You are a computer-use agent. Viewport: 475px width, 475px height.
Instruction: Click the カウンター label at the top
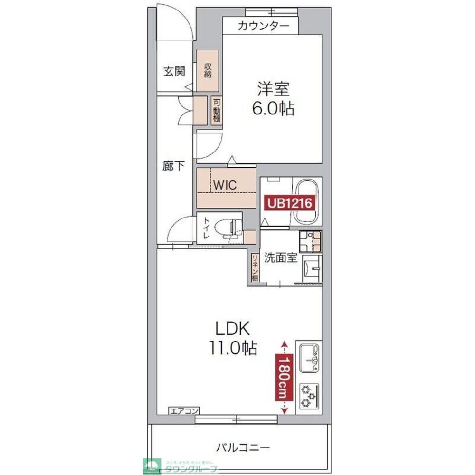pyautogui.click(x=263, y=26)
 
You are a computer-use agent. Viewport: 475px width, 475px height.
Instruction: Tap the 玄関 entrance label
pyautogui.click(x=174, y=71)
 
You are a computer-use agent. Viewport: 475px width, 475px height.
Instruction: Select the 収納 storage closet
pyautogui.click(x=208, y=71)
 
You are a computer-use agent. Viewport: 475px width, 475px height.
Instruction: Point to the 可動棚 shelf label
pyautogui.click(x=217, y=110)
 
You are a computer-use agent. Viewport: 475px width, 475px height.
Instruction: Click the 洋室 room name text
pyautogui.click(x=274, y=89)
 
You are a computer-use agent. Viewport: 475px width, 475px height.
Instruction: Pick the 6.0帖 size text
pyautogui.click(x=273, y=109)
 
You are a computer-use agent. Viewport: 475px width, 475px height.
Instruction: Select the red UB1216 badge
pyautogui.click(x=289, y=203)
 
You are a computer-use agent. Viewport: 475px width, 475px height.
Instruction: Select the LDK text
pyautogui.click(x=233, y=328)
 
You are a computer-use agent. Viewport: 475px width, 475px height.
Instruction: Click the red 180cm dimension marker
pyautogui.click(x=284, y=378)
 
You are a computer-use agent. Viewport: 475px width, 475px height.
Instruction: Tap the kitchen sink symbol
pyautogui.click(x=309, y=358)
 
